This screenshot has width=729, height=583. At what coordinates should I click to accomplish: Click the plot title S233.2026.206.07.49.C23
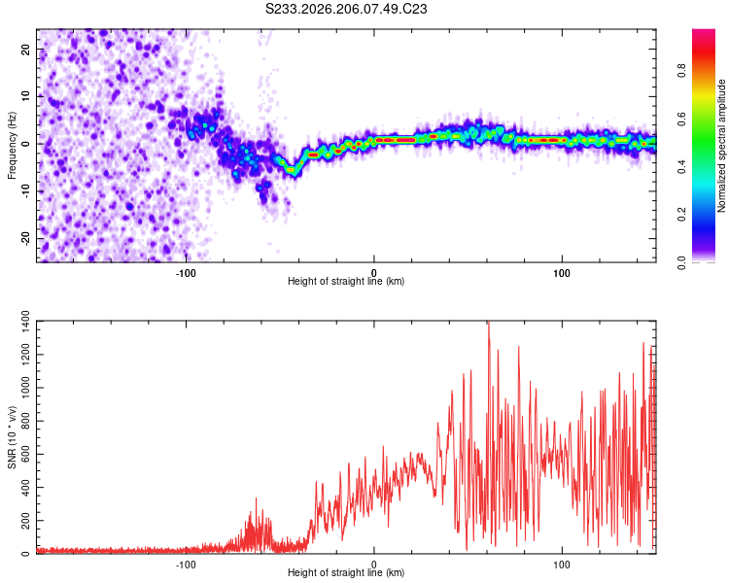pos(346,9)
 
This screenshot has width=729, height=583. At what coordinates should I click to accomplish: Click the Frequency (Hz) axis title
pos(12,146)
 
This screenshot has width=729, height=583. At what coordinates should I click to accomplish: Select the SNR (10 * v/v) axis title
pos(12,437)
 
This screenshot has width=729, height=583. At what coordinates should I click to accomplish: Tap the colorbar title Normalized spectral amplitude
pos(721,146)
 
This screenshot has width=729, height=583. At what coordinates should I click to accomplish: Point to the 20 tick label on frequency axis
pos(25,49)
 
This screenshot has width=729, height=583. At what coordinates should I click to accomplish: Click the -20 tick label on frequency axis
pos(25,238)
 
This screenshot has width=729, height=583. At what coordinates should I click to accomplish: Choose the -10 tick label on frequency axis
pos(25,191)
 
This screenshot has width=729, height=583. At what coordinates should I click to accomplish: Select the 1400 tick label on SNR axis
pos(25,322)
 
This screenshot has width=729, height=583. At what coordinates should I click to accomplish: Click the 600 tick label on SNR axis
pos(25,454)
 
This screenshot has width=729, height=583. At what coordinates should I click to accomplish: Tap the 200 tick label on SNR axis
pos(25,521)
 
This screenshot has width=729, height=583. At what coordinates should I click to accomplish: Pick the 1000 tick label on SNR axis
pos(25,388)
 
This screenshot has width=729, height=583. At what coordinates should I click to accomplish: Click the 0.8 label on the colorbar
pos(682,71)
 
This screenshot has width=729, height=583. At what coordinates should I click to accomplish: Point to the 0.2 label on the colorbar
pos(682,215)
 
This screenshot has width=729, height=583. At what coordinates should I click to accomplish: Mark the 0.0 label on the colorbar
pos(682,262)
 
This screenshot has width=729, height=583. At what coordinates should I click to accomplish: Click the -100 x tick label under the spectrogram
pos(186,273)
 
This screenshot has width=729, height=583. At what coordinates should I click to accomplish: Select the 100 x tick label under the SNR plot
pos(562,565)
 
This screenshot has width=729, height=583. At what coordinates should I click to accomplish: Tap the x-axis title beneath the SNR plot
pos(346,572)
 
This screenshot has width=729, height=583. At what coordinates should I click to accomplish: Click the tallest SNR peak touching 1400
pos(488,323)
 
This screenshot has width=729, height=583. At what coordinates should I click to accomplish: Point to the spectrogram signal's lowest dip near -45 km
pos(291,171)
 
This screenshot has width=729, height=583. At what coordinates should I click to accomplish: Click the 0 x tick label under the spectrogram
pos(374,273)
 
